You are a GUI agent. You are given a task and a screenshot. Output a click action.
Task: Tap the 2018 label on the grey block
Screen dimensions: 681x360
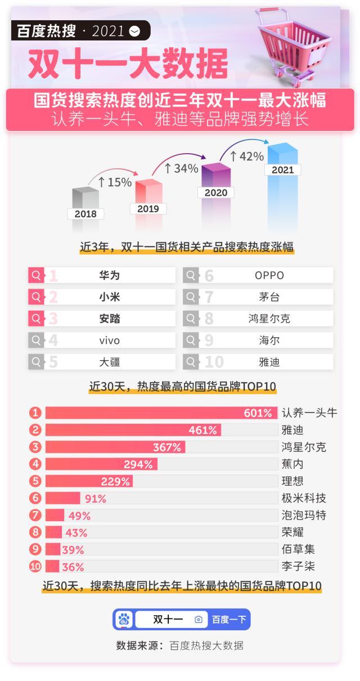85,214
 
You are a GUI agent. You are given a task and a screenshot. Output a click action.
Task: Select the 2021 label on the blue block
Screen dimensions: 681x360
282,169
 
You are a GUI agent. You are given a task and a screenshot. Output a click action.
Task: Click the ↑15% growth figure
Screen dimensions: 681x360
115,182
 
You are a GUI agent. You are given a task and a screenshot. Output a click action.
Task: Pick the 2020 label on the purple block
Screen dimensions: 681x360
215,192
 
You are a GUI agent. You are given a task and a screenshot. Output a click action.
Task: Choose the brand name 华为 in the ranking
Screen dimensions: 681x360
110,275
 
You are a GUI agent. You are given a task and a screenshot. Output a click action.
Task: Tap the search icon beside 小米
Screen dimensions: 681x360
36,297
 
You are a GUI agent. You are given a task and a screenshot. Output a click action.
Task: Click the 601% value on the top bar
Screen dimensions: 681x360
258,413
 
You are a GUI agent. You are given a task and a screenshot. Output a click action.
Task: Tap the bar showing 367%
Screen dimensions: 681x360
115,447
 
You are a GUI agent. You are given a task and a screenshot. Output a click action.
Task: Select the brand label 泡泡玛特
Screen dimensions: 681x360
303,516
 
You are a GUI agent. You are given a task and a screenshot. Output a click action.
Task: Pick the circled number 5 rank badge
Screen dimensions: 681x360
36,481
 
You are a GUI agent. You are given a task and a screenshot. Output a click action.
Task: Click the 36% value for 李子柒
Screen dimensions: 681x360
73,567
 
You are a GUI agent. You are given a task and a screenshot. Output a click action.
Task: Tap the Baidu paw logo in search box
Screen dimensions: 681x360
124,620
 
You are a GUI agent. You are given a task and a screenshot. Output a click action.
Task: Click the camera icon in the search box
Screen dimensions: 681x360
198,620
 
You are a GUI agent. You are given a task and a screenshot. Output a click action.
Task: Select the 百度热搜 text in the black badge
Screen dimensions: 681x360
46,31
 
